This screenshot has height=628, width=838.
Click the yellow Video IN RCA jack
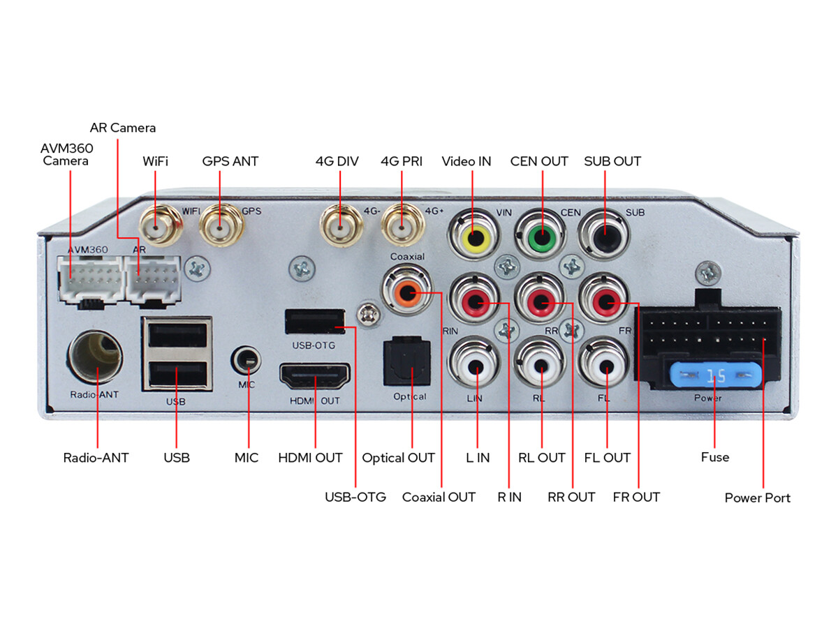pyautogui.click(x=473, y=235)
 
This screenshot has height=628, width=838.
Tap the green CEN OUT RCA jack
pyautogui.click(x=540, y=235)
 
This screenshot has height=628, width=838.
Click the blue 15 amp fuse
pyautogui.click(x=715, y=375)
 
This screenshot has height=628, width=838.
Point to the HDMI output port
pyautogui.click(x=315, y=376)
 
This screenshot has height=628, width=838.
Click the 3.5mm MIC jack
pyautogui.click(x=247, y=360)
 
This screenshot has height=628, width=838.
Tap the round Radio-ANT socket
pyautogui.click(x=95, y=357)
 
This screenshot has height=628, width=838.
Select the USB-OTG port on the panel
pyautogui.click(x=315, y=321)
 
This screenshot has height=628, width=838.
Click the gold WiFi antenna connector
pyautogui.click(x=161, y=225)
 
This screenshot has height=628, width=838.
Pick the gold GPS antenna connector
pyautogui.click(x=221, y=225)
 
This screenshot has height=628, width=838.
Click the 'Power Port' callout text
pyautogui.click(x=757, y=498)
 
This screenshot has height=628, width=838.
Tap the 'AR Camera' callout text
pyautogui.click(x=122, y=128)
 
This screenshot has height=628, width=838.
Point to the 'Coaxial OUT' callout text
pyautogui.click(x=439, y=497)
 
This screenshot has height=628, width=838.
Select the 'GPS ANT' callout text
pyautogui.click(x=230, y=161)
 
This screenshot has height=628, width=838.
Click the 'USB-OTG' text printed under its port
pyautogui.click(x=314, y=345)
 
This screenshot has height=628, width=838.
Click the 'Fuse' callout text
pyautogui.click(x=714, y=457)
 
